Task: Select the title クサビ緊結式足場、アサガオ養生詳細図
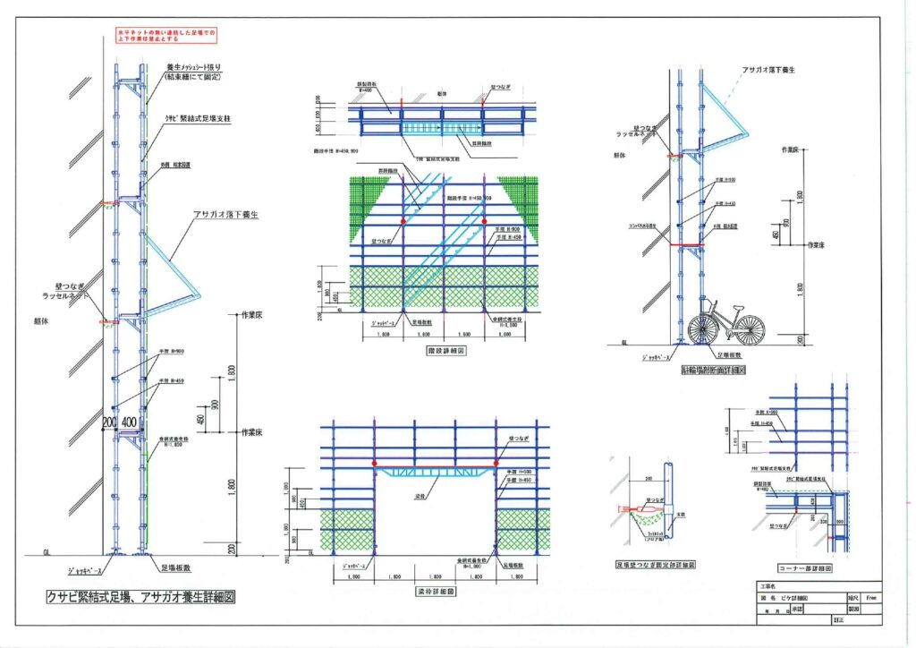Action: coord(140,597)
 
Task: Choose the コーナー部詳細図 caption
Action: coord(805,568)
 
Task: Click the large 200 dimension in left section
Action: coord(110,421)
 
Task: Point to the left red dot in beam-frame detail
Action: coord(374,464)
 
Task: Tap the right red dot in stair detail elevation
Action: coord(485,220)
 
